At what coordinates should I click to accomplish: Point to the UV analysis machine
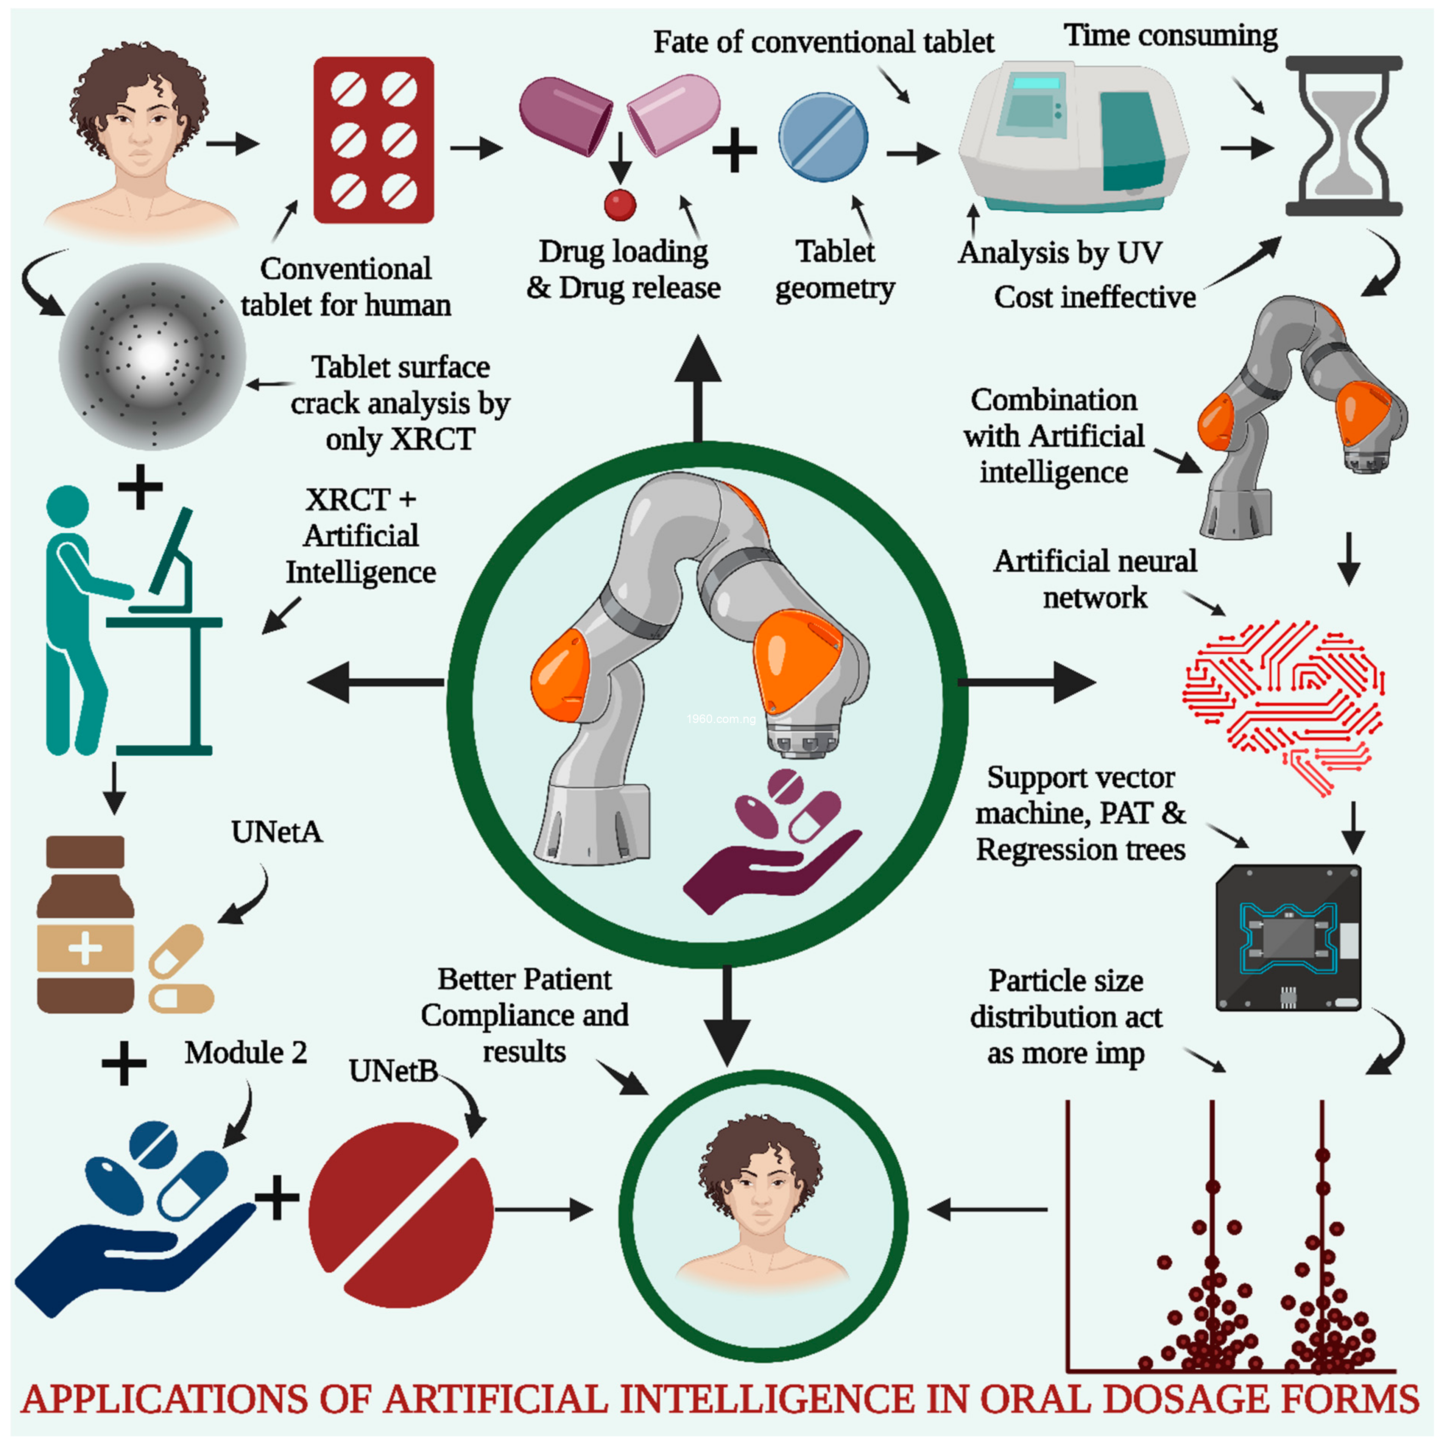1072,138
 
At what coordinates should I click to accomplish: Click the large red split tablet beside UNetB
401,1214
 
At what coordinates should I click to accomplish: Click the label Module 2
246,1052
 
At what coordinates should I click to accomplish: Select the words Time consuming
1170,35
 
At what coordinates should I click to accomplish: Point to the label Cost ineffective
1094,297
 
